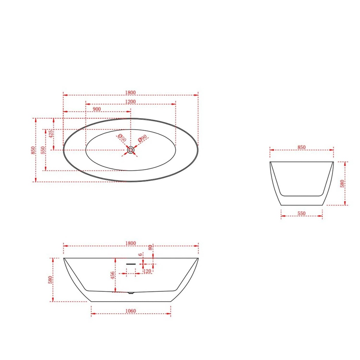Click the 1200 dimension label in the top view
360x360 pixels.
130,102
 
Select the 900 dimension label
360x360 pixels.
97,109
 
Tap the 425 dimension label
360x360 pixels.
51,134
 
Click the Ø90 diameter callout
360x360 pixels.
142,139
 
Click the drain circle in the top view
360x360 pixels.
131,150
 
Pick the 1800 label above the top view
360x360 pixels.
130,92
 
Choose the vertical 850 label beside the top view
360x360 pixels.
33,150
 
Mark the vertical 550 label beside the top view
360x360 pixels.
43,150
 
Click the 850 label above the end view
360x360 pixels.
301,147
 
